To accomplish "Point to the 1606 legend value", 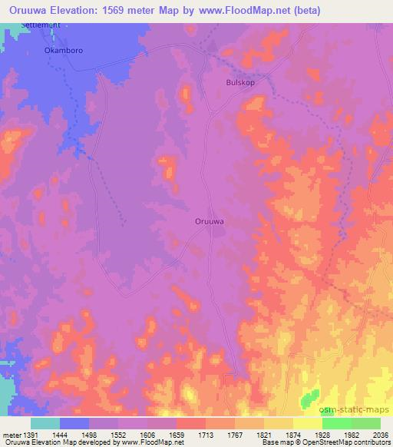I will pos(148,435).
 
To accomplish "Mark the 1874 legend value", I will pos(293,435).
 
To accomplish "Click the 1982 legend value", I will pos(351,435).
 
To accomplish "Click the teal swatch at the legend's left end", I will pos(45,423).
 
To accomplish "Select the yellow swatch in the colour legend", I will pos(307,423).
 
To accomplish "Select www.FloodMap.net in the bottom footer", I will pos(147,442).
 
